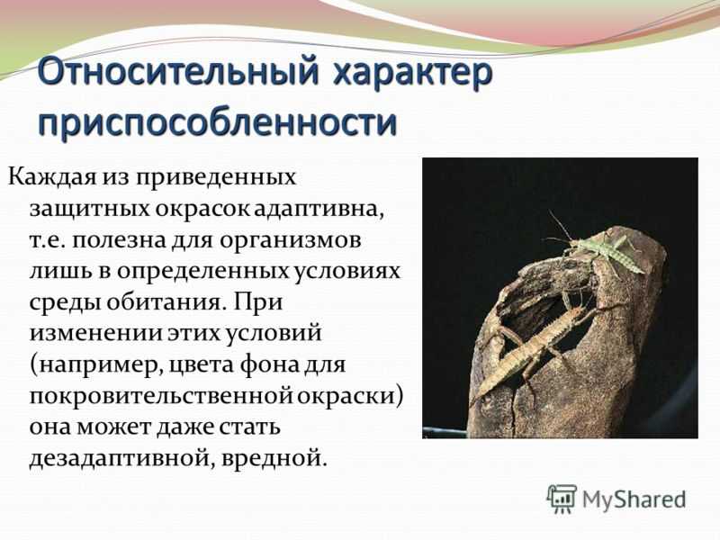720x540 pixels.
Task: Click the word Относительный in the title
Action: pos(177,73)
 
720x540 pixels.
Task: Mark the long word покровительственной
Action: pos(161,396)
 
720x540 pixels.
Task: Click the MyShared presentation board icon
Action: pos(561,499)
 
